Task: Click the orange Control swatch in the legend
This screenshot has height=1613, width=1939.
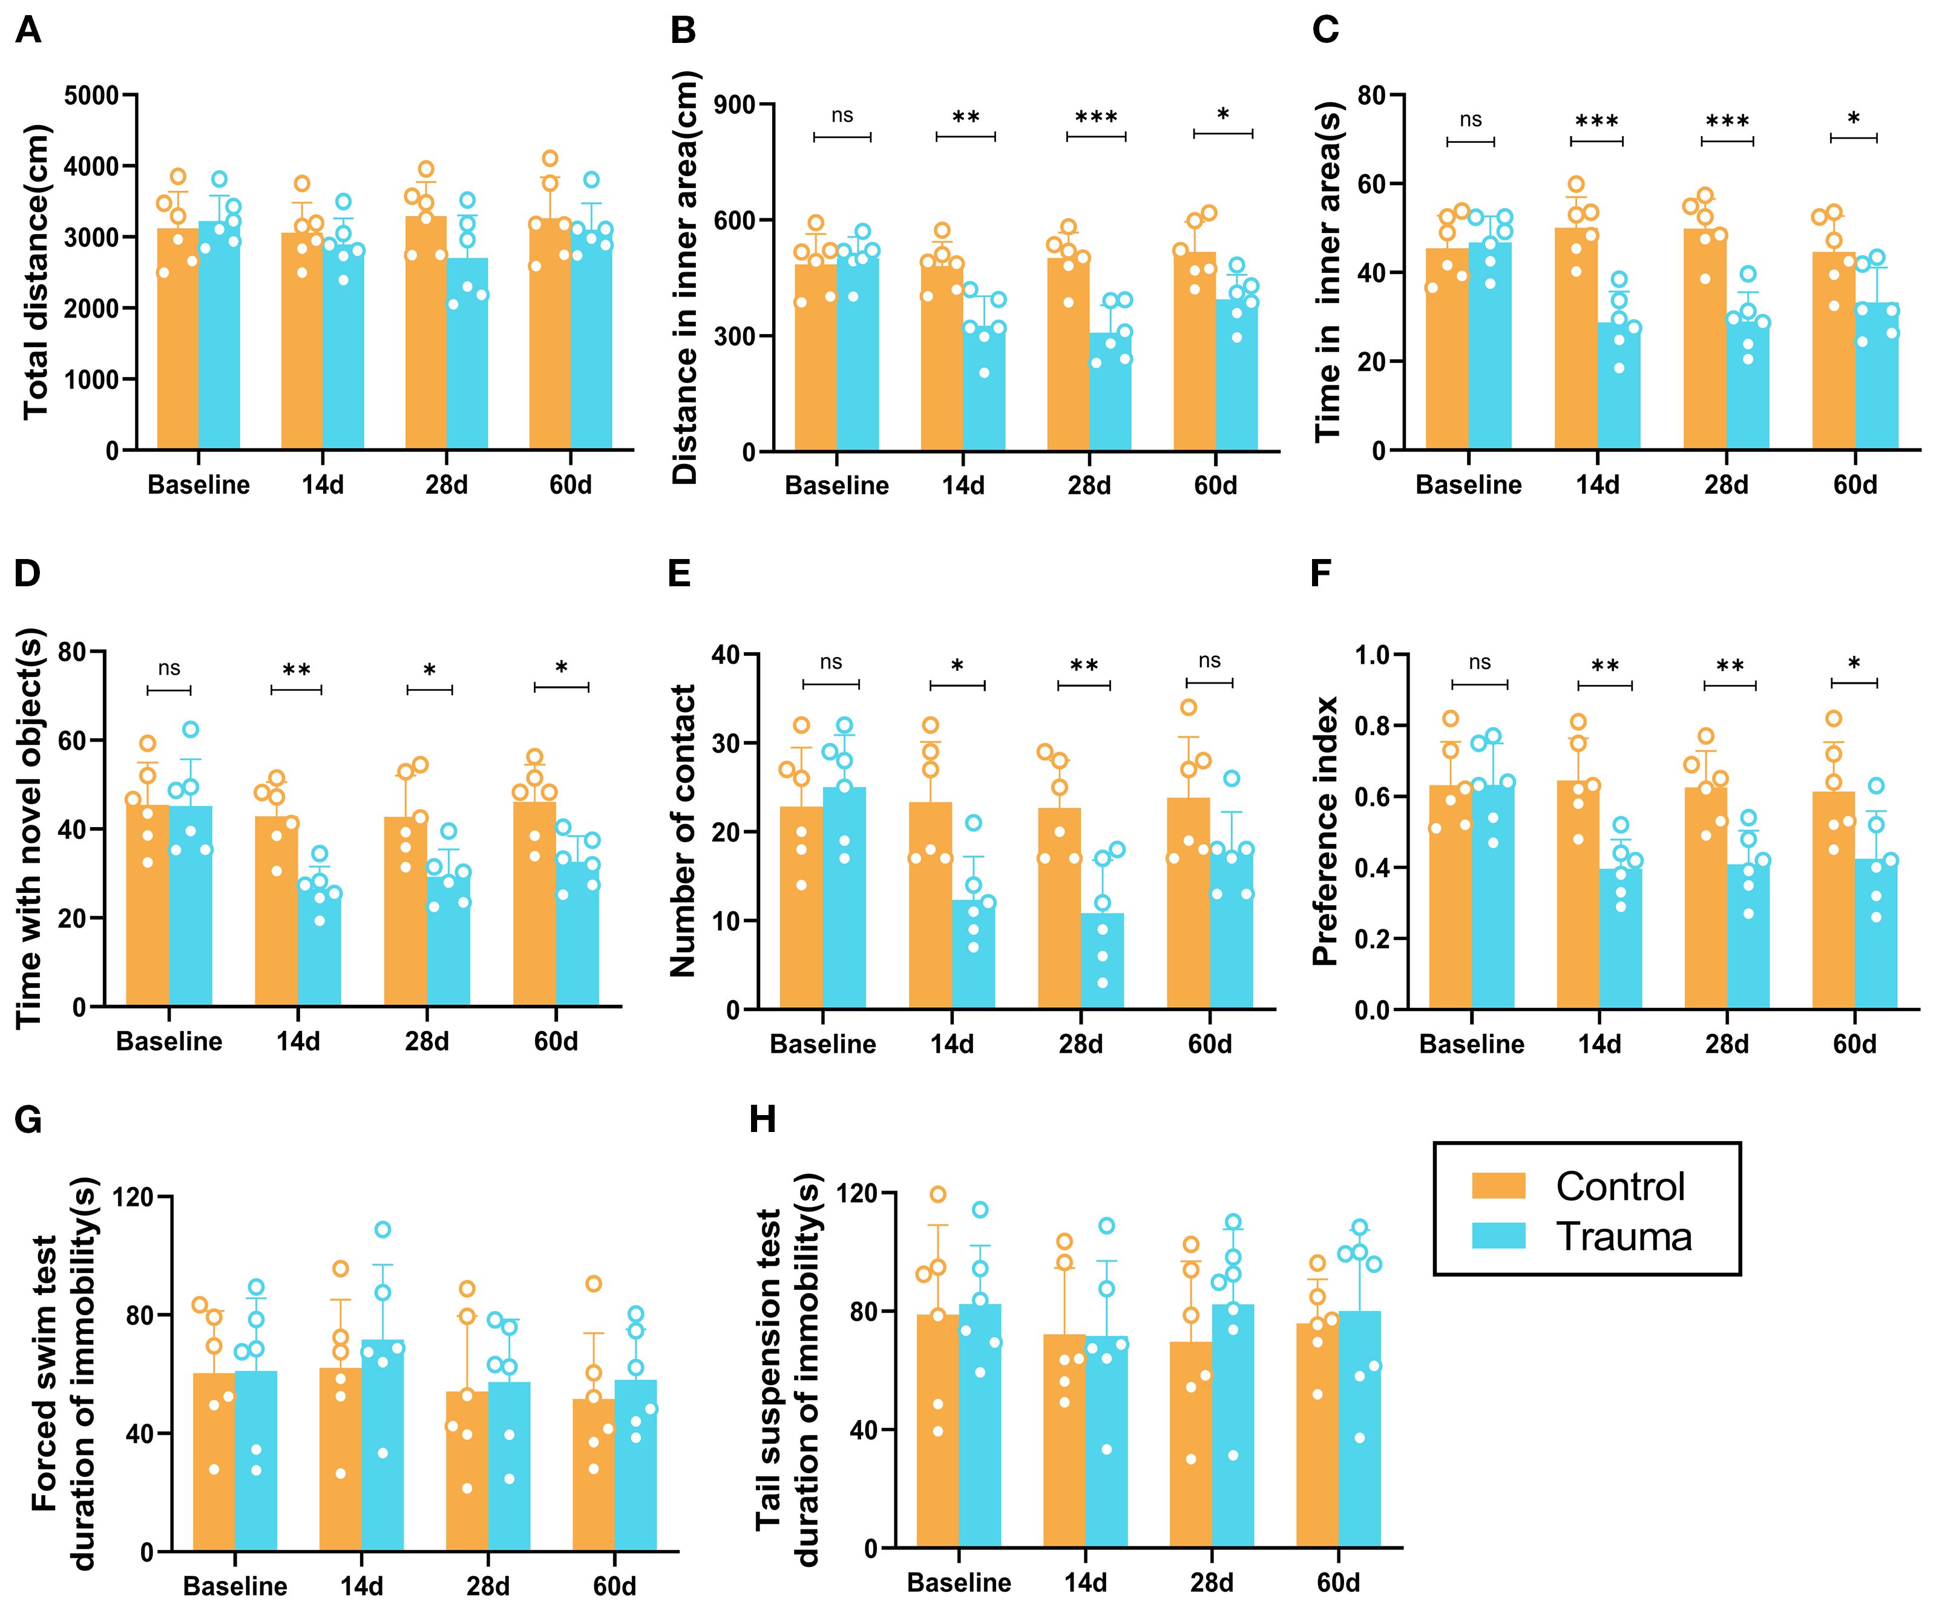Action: [x=1498, y=1185]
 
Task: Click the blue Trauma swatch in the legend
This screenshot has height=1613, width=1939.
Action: [x=1498, y=1236]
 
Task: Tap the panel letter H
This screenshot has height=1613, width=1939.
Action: [x=762, y=1119]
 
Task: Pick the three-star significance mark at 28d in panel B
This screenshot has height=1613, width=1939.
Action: [x=1096, y=118]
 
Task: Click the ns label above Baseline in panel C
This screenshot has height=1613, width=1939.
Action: [x=1470, y=120]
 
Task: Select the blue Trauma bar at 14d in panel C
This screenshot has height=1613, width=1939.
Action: [x=1619, y=388]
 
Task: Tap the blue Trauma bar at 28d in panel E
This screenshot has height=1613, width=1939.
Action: [x=1103, y=960]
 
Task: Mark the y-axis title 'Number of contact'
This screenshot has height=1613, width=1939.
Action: [x=683, y=831]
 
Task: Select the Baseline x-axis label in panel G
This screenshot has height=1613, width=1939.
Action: [x=235, y=1586]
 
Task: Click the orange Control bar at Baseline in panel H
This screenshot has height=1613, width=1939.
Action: [x=937, y=1431]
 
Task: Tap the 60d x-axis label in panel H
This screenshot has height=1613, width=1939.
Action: [x=1338, y=1583]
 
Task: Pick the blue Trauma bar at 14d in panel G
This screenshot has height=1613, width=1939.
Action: [x=382, y=1450]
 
